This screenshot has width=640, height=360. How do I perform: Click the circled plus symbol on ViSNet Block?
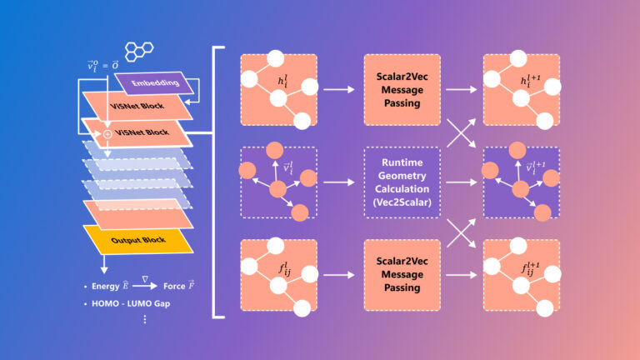[107, 133]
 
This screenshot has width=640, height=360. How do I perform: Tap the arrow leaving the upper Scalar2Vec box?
[457, 89]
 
